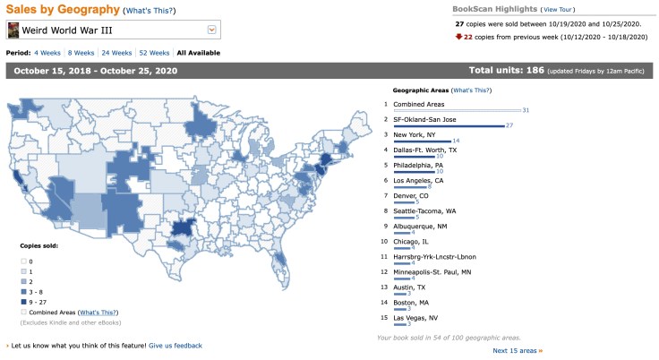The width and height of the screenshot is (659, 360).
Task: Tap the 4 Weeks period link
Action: (47, 53)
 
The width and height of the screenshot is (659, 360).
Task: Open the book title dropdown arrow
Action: (212, 30)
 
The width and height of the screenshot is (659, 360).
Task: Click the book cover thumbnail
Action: (13, 30)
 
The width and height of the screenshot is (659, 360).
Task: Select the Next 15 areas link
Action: (517, 350)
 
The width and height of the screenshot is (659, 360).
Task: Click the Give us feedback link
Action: (175, 345)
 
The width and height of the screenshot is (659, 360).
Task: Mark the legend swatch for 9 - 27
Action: (24, 302)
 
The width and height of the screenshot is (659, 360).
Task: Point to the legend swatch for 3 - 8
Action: (24, 291)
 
